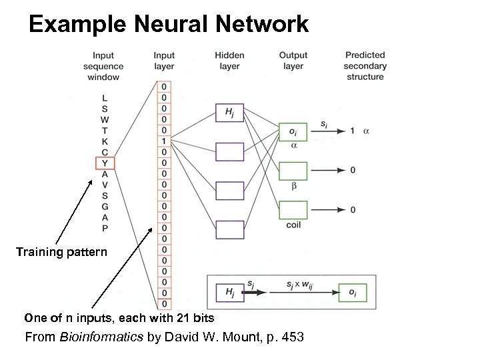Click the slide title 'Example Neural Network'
click(169, 25)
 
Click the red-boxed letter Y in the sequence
click(105, 163)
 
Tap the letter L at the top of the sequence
click(105, 99)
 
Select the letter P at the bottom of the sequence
click(105, 227)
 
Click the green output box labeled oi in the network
click(293, 131)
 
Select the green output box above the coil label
click(293, 210)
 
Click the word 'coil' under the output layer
click(293, 225)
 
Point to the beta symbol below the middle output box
click(293, 186)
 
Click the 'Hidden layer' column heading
click(229, 61)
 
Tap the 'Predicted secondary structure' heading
click(365, 66)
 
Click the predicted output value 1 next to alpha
click(352, 131)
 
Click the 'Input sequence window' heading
click(102, 66)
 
